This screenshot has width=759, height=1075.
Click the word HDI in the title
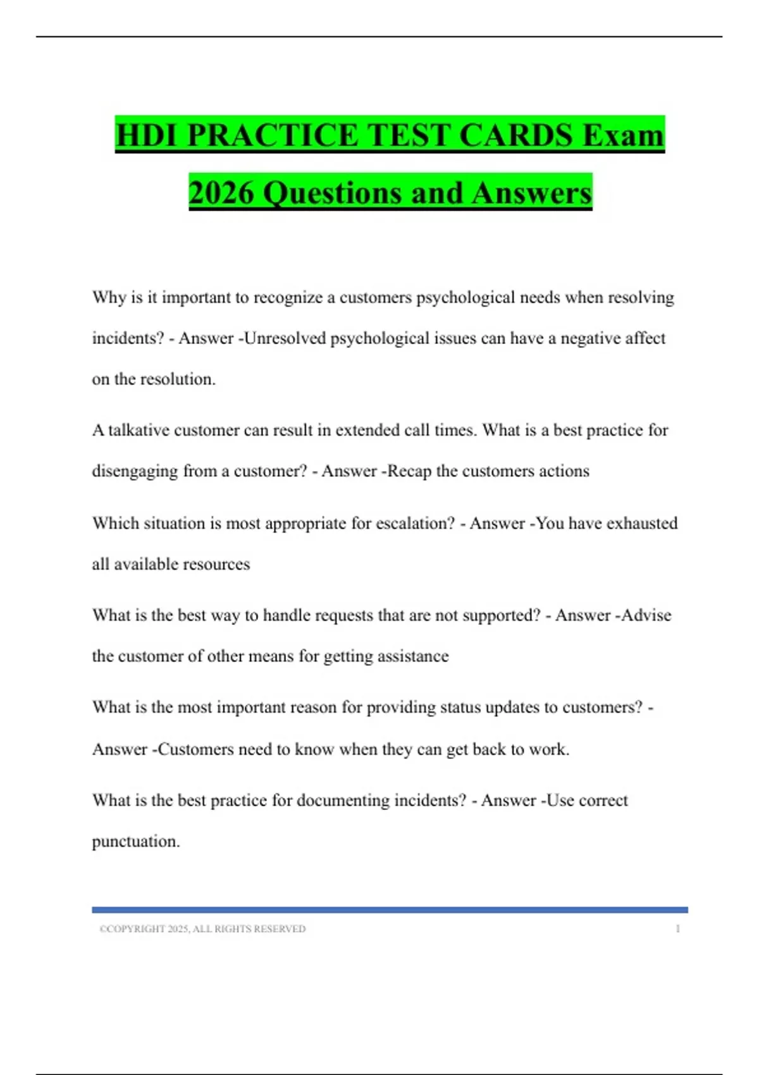point(147,135)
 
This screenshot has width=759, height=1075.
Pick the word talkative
point(139,430)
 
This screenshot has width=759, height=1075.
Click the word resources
point(215,564)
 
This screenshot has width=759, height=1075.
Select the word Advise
point(646,615)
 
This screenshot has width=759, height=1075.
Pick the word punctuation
point(136,842)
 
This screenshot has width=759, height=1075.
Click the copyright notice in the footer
point(202,929)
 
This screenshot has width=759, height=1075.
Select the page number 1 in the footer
point(677,929)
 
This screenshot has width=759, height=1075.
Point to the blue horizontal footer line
point(390,910)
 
